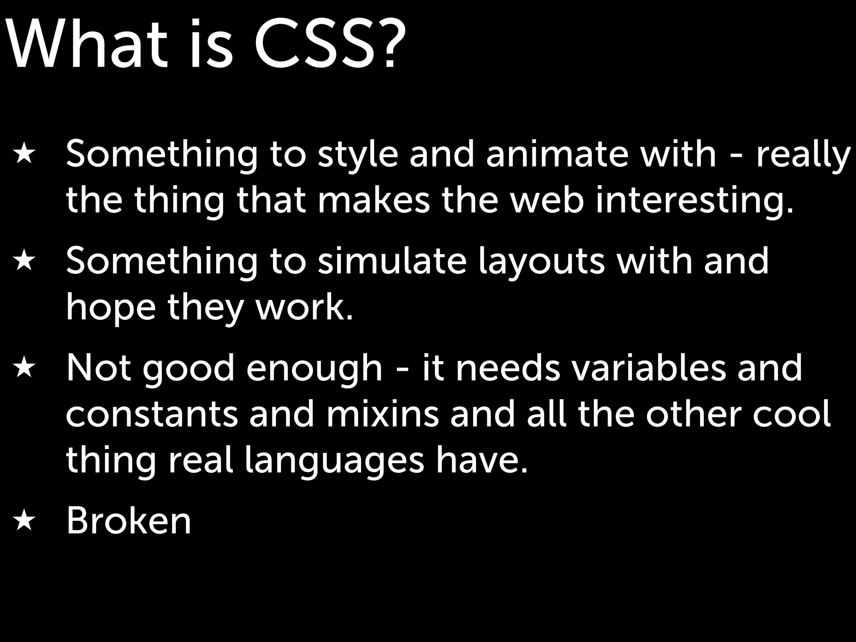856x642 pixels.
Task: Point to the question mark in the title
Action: [388, 44]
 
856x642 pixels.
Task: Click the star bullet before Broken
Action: [23, 521]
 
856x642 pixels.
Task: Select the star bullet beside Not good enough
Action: [23, 368]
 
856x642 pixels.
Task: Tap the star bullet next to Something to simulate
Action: [23, 262]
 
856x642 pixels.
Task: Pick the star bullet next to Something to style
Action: [23, 155]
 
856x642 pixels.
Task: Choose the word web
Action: [548, 200]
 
